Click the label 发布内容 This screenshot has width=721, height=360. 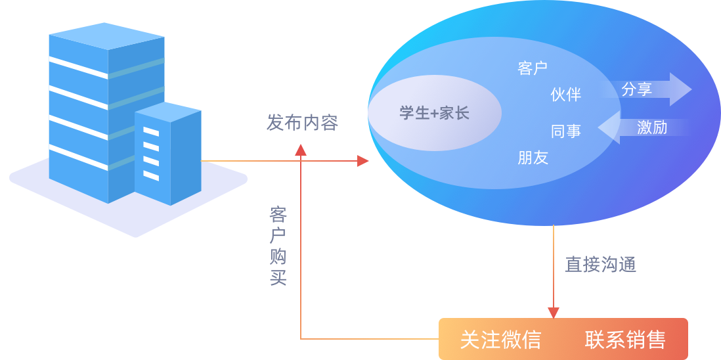[302, 122]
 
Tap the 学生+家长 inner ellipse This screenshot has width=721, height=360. [434, 112]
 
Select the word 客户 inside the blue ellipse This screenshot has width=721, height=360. [532, 68]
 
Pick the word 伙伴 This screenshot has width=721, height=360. [565, 95]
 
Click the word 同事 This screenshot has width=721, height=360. [565, 131]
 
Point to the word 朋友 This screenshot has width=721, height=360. [533, 158]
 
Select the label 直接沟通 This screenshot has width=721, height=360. [600, 264]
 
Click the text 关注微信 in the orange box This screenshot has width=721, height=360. [500, 340]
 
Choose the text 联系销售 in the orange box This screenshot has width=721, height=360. [625, 340]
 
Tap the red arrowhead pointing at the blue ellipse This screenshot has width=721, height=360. [363, 161]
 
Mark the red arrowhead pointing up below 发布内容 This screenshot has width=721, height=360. [301, 150]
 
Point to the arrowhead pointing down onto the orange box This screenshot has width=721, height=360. [554, 313]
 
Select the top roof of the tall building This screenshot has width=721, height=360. [106, 36]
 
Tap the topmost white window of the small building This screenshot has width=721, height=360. [151, 132]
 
